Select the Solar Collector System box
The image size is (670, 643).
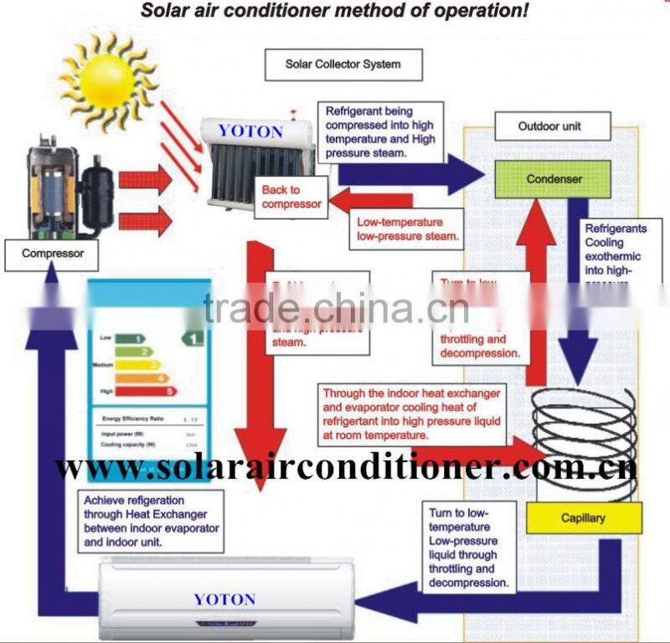pos(343,64)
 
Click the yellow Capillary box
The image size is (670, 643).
pos(583,517)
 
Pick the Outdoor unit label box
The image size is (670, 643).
pos(549,127)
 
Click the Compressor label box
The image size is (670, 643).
pos(53,253)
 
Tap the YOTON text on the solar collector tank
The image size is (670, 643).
pos(251,131)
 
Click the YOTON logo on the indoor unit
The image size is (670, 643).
pos(224,599)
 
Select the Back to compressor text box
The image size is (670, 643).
pos(291,197)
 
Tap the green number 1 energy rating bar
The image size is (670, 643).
pos(129,338)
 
